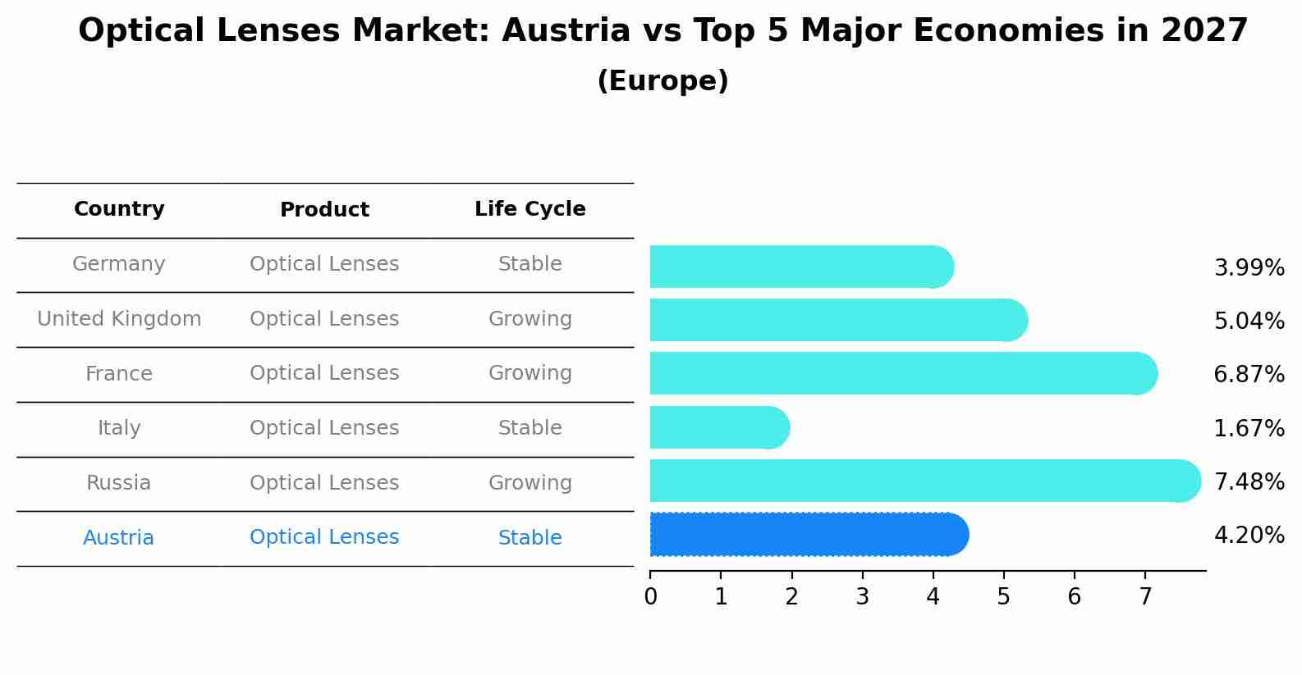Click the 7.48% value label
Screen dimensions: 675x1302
1249,481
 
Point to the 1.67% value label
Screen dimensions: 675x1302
1249,428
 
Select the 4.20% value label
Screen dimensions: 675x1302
1249,536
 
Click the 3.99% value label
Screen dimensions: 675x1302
1249,268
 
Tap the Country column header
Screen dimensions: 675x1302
119,209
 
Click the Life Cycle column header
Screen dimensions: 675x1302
530,209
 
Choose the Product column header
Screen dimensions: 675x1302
324,210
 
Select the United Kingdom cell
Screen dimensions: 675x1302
119,319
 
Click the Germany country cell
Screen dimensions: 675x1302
119,264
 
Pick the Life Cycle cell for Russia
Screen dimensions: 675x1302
530,483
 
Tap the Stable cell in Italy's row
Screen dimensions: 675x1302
530,428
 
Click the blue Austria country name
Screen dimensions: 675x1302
119,538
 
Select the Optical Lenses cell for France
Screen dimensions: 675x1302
324,373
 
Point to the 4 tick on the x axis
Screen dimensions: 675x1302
933,597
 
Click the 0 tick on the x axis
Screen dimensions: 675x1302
650,597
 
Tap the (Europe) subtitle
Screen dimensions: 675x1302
662,81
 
